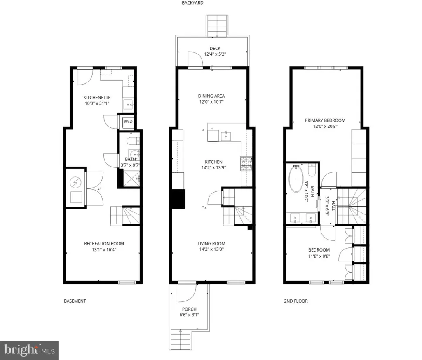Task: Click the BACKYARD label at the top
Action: pos(192,3)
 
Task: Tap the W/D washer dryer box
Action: pos(128,122)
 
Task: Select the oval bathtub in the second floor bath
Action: pos(296,179)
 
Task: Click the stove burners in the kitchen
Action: pos(246,163)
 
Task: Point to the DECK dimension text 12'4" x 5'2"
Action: pos(215,54)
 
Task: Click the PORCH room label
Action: pos(189,309)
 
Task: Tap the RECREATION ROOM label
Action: pos(104,244)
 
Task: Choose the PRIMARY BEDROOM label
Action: pos(325,120)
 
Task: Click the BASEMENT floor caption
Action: pos(75,301)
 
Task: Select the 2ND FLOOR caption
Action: pos(296,301)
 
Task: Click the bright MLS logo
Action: pos(29,350)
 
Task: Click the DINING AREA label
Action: pos(211,96)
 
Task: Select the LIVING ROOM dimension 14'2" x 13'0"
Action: pos(211,249)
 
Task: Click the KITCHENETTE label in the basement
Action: pos(97,97)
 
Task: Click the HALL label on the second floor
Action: pos(333,206)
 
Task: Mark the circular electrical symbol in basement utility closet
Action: pos(76,183)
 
